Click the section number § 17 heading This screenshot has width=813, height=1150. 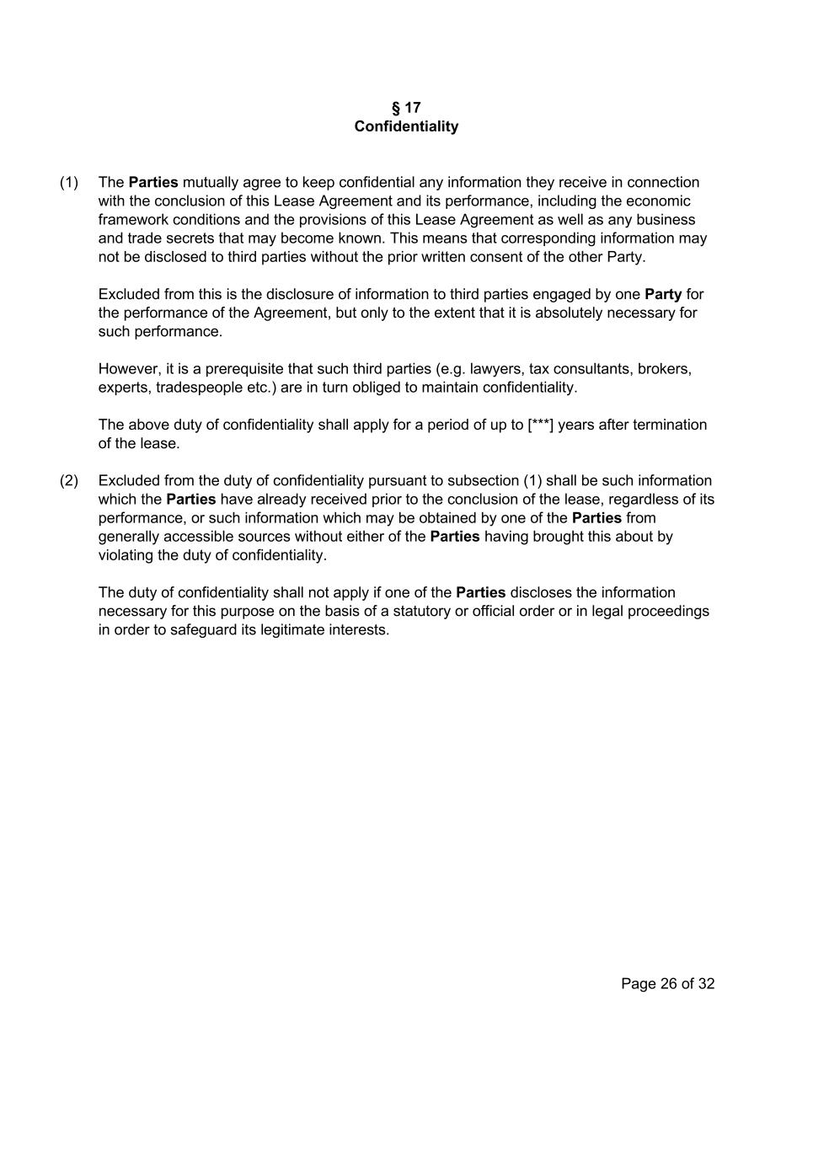pyautogui.click(x=406, y=108)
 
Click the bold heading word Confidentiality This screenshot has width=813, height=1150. pyautogui.click(x=406, y=126)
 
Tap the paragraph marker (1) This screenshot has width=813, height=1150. pyautogui.click(x=69, y=182)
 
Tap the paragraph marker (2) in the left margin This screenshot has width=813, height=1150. pyautogui.click(x=69, y=480)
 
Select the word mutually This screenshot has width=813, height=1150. pyautogui.click(x=211, y=182)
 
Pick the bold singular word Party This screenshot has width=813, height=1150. pyautogui.click(x=663, y=294)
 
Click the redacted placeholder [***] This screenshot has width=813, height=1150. pyautogui.click(x=540, y=425)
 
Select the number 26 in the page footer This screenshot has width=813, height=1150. pyautogui.click(x=669, y=983)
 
